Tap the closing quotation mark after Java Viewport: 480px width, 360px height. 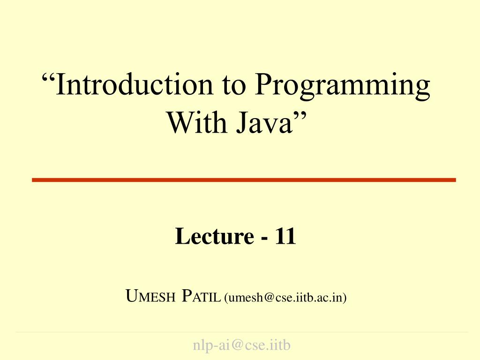(x=300, y=114)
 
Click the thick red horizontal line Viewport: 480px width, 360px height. (x=244, y=180)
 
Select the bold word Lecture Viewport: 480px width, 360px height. (x=213, y=236)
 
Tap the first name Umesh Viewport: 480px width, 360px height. (x=150, y=297)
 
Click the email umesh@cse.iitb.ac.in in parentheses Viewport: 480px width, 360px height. (x=285, y=297)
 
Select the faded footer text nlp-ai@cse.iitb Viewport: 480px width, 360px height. (x=242, y=345)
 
